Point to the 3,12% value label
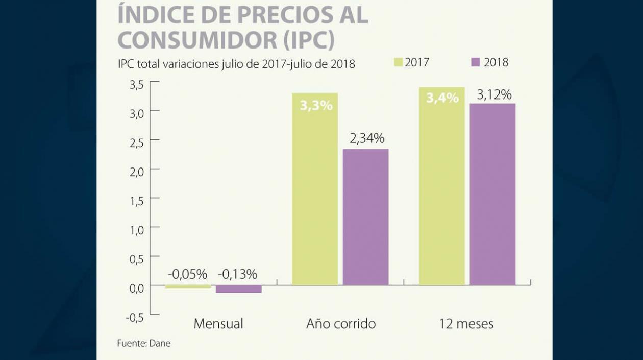(494, 95)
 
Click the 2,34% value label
(366, 138)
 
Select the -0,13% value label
(237, 274)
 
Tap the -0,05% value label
(187, 274)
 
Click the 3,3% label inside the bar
(316, 106)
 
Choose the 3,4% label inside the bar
(442, 99)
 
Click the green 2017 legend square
(399, 62)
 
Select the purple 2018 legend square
(476, 62)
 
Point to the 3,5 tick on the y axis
(136, 84)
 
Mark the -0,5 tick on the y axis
(134, 317)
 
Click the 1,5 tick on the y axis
(136, 201)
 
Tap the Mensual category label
(218, 324)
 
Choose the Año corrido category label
(341, 324)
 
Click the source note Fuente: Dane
(144, 343)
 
